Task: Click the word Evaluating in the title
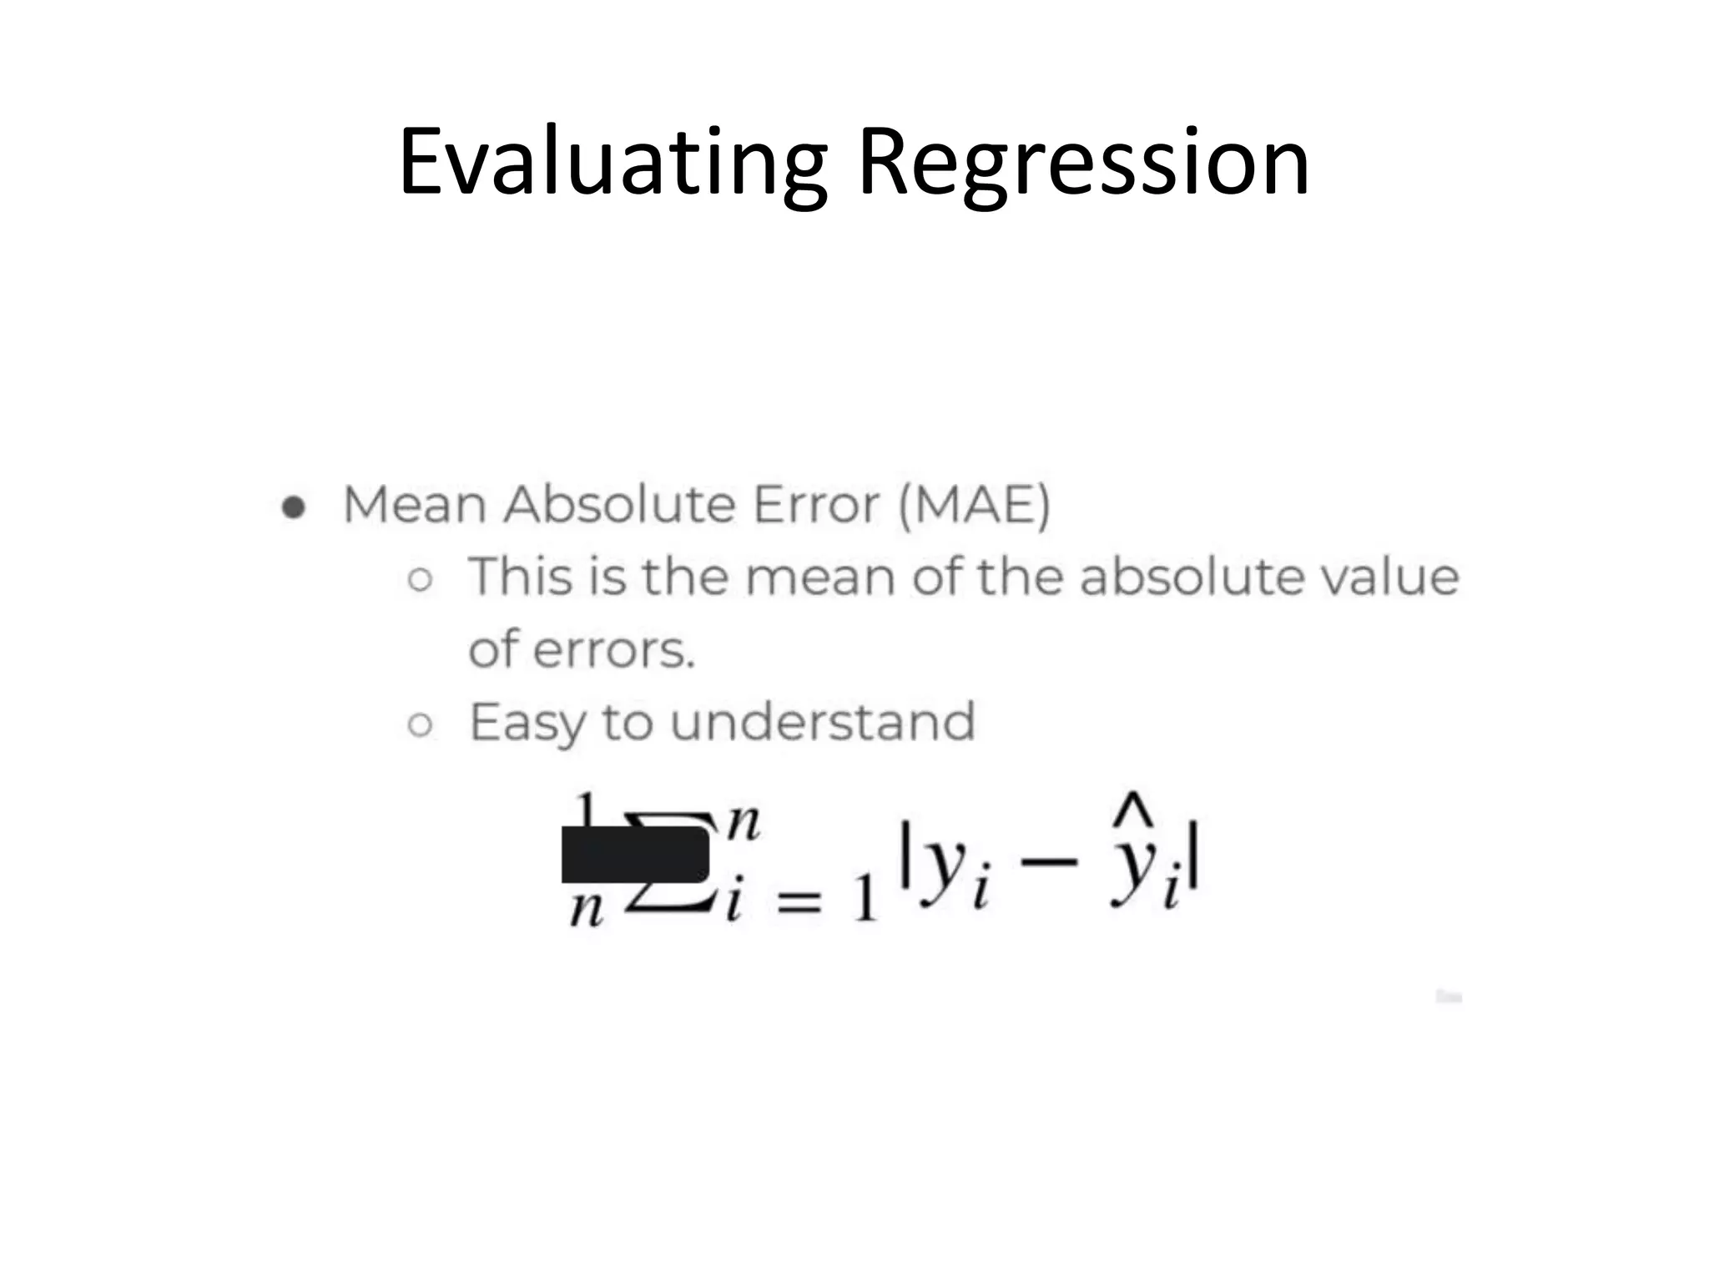[x=613, y=164]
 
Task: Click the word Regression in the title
[x=1083, y=164]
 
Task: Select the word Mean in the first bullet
[x=415, y=506]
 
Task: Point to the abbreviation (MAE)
[x=974, y=506]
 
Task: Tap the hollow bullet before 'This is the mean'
[x=421, y=579]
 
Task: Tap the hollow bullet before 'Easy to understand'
[x=421, y=724]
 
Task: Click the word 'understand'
[x=822, y=723]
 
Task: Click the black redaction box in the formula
[x=635, y=855]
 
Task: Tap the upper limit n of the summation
[x=743, y=824]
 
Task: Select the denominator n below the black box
[x=586, y=909]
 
